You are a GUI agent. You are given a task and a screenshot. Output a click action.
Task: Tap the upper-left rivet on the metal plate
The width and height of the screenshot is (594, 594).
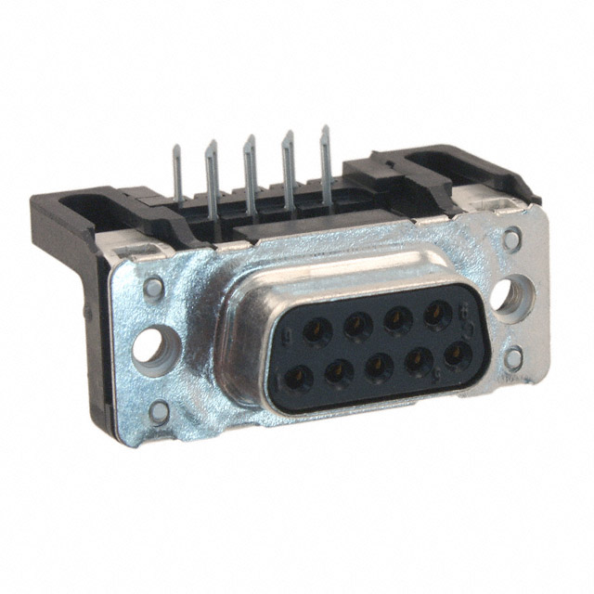click(153, 288)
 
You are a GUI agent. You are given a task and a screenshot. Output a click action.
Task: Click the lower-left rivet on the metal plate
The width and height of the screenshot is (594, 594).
click(160, 413)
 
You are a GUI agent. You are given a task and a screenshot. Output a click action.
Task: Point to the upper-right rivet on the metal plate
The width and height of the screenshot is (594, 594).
click(511, 239)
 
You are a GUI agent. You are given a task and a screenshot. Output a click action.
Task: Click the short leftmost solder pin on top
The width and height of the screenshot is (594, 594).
click(177, 176)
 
